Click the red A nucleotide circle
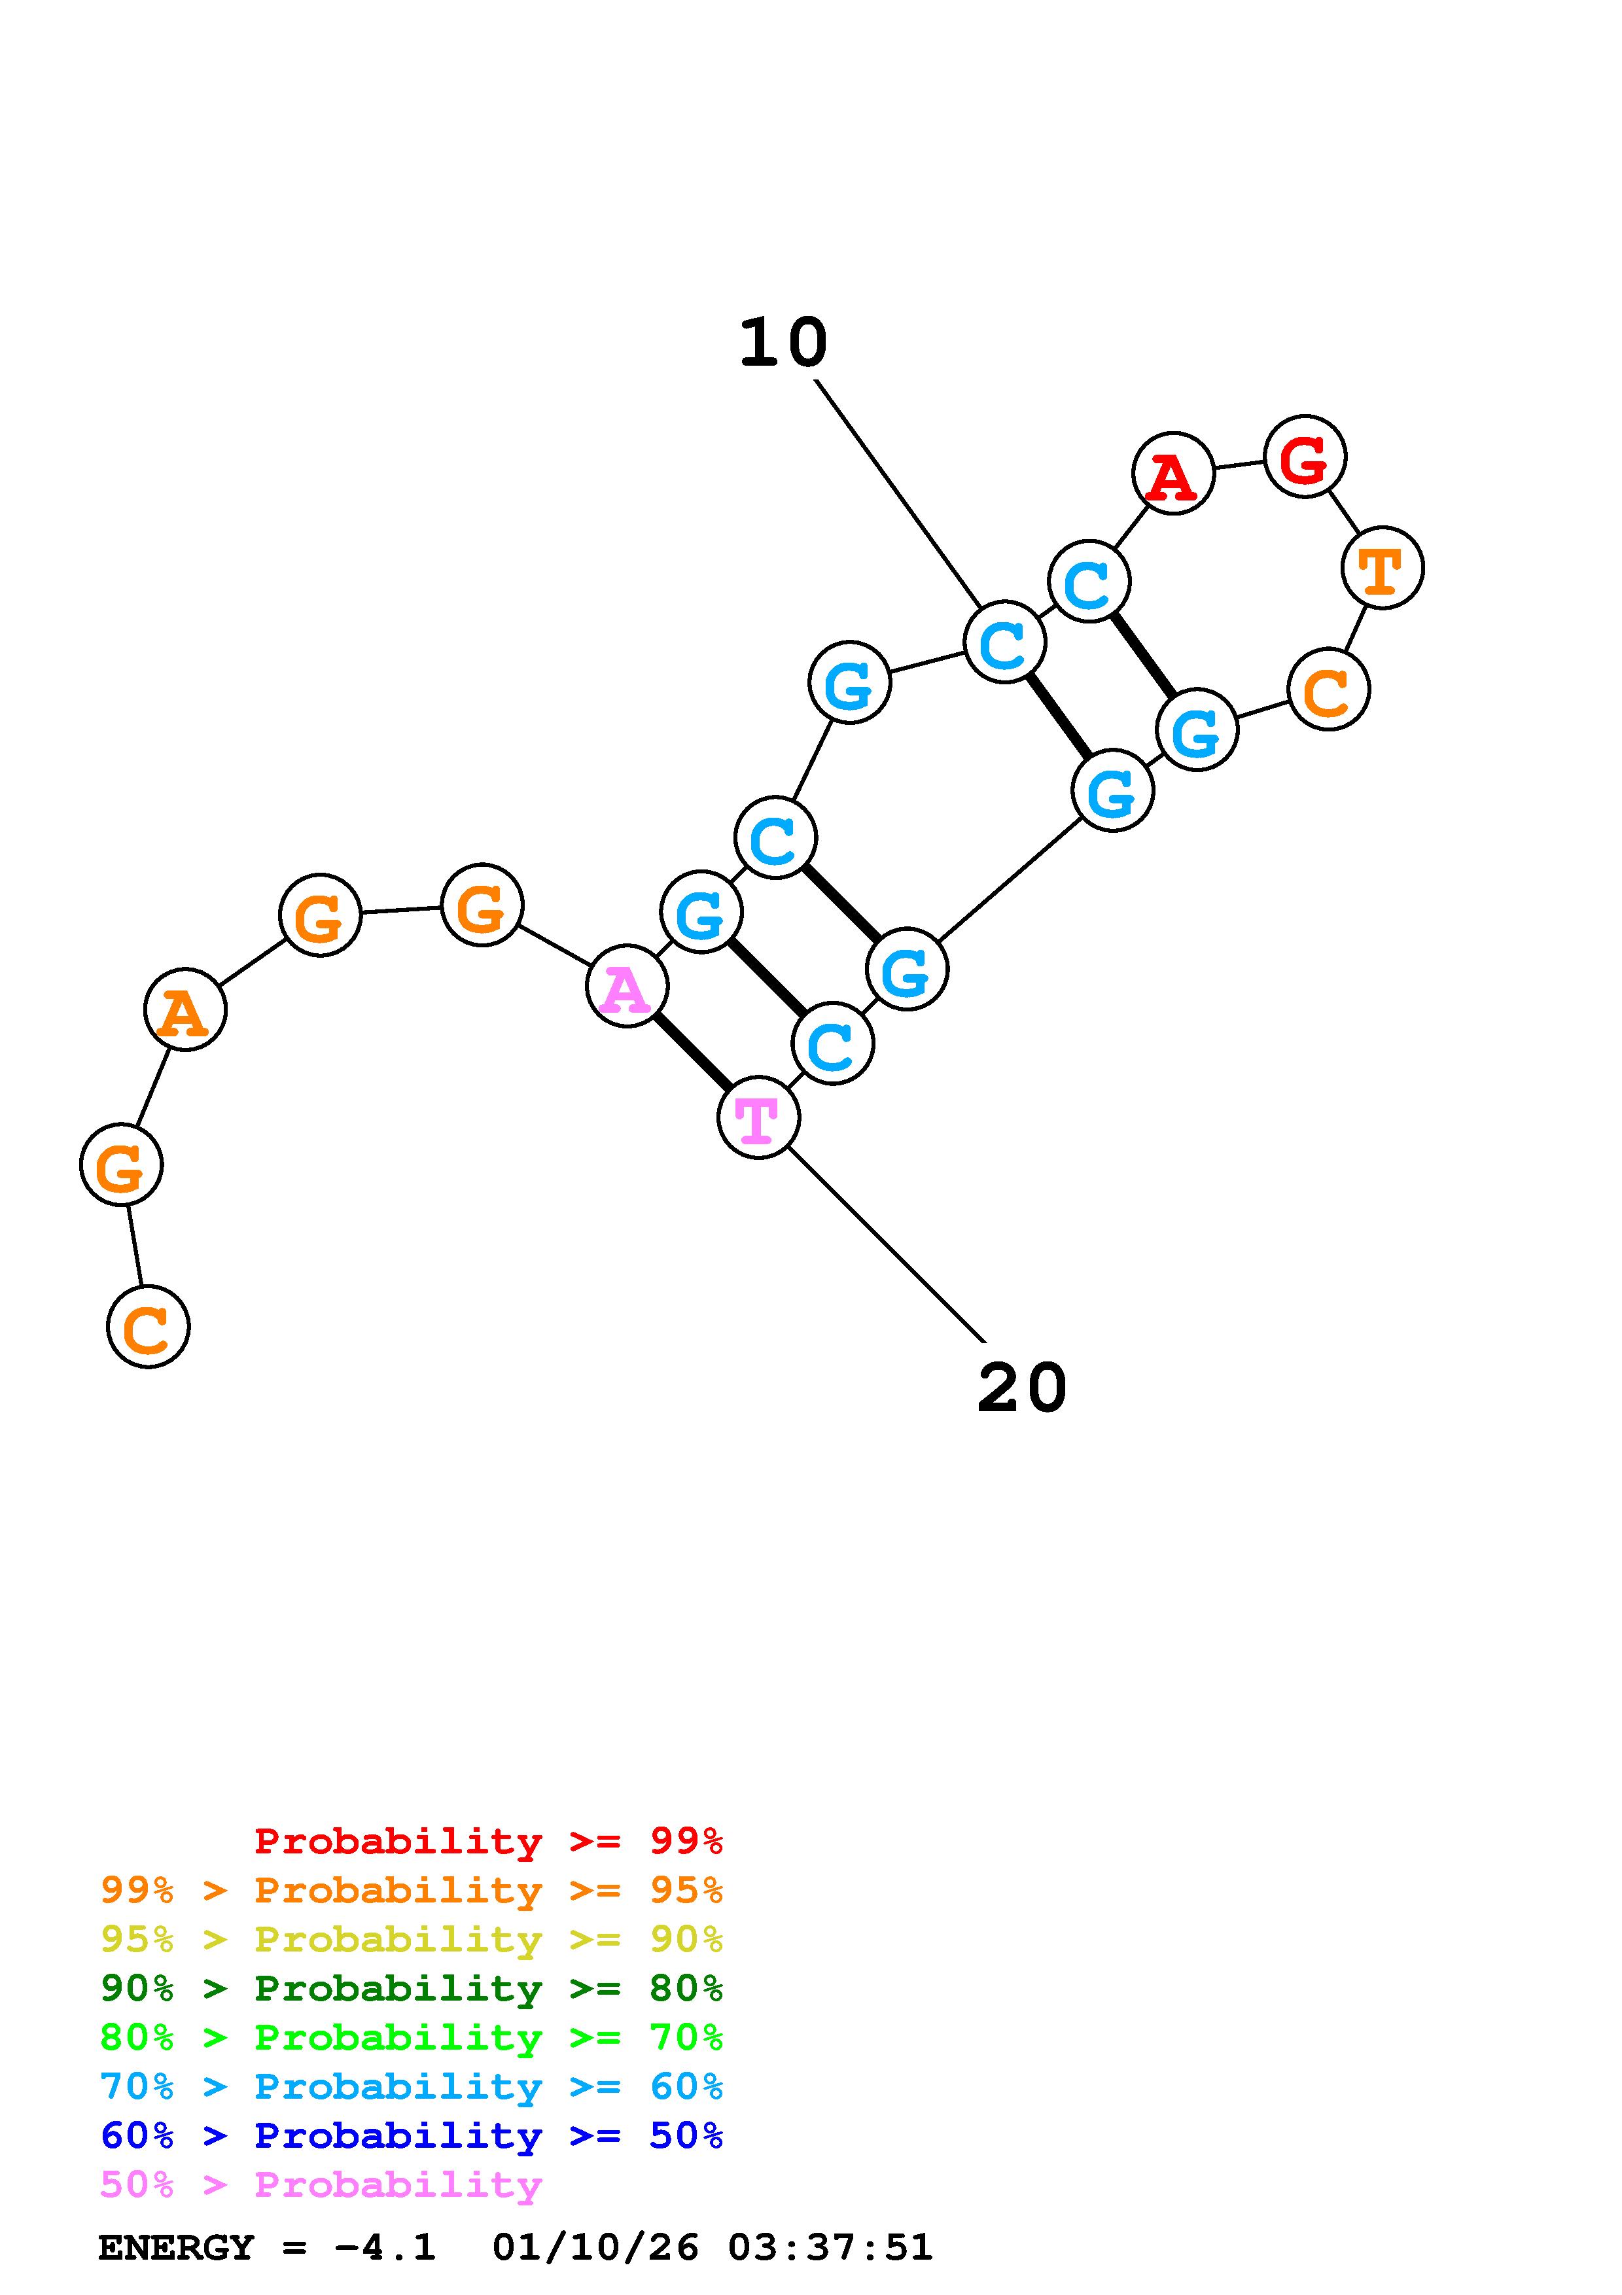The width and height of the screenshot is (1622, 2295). [1173, 473]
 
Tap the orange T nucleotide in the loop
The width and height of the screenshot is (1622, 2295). [1382, 568]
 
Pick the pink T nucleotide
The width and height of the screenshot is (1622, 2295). [758, 1117]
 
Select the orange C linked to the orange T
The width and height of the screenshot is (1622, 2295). [1328, 690]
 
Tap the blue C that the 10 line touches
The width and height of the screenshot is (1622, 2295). [1004, 642]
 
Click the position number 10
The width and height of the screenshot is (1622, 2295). [783, 343]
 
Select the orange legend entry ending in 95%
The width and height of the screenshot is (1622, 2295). [412, 1890]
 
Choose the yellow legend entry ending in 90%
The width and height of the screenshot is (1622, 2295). [412, 1939]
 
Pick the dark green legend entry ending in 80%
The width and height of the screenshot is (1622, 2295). [412, 1988]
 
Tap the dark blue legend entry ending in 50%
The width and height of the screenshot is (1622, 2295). [412, 2135]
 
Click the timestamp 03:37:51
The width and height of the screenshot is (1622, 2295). [830, 2247]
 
